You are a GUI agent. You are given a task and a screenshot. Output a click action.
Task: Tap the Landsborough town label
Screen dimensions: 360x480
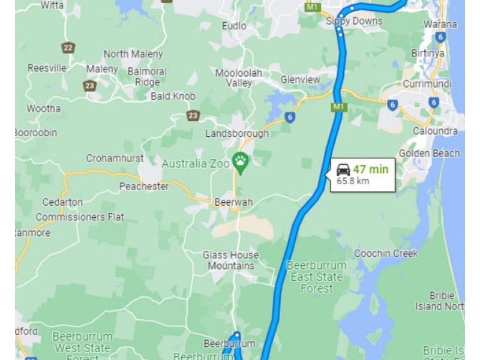237,133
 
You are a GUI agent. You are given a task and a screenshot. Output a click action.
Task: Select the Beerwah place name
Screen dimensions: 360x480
233,202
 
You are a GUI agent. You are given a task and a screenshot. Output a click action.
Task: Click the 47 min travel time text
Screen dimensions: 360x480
370,169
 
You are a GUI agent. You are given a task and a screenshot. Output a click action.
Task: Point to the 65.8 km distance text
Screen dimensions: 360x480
353,180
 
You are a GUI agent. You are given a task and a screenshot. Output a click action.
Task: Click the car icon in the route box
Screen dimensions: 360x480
343,169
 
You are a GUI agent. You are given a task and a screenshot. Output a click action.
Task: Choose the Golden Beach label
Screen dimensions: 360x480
429,153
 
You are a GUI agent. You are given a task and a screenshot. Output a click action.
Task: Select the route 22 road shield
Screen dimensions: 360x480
68,47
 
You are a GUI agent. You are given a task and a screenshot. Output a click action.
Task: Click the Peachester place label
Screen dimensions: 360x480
144,187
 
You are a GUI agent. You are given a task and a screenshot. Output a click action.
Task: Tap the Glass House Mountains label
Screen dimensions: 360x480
231,260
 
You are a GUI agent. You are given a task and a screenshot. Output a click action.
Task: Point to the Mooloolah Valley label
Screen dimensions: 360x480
239,78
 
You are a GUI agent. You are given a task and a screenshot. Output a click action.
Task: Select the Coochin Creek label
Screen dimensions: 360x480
386,253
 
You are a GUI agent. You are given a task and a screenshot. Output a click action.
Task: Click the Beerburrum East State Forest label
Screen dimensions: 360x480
317,277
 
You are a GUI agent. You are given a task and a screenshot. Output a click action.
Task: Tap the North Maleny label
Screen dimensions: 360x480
133,54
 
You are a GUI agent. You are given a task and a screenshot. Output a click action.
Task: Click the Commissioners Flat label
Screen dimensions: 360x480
80,217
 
